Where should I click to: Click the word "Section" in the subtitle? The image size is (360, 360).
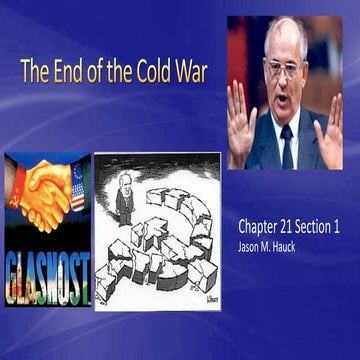click(322, 227)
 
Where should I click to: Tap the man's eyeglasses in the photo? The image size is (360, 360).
click(285, 69)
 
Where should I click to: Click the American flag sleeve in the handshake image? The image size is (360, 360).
click(77, 187)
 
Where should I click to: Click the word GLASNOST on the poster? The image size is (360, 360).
click(46, 264)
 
